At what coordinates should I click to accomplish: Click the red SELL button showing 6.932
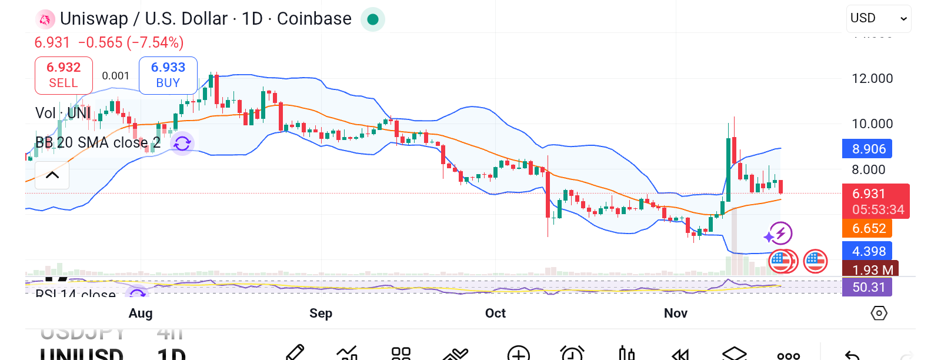click(x=64, y=75)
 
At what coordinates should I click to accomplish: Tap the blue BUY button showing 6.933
click(x=168, y=75)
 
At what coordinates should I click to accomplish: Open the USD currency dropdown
click(x=879, y=18)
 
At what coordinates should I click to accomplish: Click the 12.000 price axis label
click(x=872, y=78)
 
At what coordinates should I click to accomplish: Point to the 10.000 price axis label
click(x=872, y=124)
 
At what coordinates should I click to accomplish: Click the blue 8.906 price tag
click(x=867, y=149)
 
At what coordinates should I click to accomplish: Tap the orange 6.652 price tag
click(x=867, y=228)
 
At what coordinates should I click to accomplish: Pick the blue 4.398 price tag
click(x=867, y=251)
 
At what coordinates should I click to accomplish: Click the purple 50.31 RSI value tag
click(x=867, y=287)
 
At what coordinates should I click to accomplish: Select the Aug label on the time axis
click(x=141, y=313)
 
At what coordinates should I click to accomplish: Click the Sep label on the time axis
click(x=321, y=313)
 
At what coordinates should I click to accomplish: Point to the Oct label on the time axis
click(x=495, y=313)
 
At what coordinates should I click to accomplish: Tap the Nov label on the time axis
click(x=675, y=313)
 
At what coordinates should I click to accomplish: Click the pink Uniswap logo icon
click(x=45, y=19)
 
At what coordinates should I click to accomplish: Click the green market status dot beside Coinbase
click(x=372, y=19)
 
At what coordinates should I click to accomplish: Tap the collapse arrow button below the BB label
click(x=52, y=175)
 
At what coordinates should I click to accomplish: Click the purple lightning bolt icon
click(x=780, y=234)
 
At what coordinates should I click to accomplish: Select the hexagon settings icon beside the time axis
click(x=879, y=313)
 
